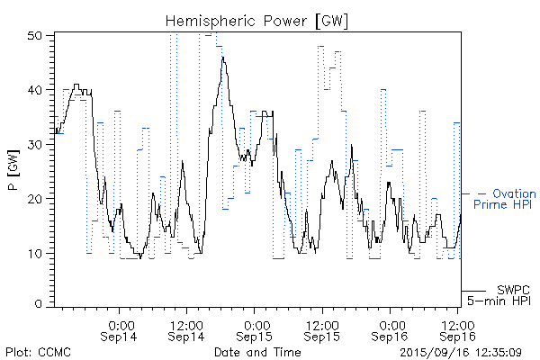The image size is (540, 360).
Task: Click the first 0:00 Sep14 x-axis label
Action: (x=121, y=329)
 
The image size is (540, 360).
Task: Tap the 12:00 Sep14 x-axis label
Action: (x=185, y=329)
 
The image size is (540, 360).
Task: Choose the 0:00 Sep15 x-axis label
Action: (x=256, y=329)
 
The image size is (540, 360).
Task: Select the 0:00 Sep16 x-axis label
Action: (x=391, y=329)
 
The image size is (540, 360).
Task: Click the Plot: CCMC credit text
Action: (x=38, y=351)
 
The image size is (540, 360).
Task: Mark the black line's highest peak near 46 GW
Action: (x=222, y=58)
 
